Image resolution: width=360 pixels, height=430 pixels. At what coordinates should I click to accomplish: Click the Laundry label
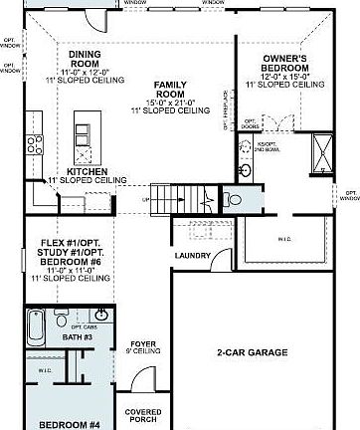tap(191, 256)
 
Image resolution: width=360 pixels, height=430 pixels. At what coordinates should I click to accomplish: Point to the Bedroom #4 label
tap(70, 425)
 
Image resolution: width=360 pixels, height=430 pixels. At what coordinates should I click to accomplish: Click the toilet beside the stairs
tap(231, 200)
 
